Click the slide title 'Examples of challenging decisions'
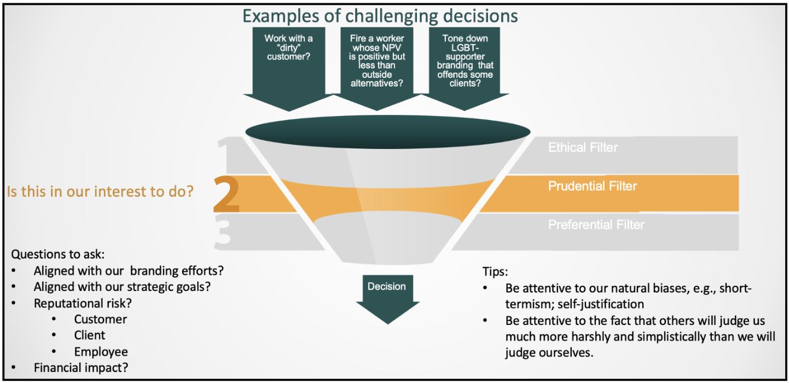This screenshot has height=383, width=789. tap(380, 15)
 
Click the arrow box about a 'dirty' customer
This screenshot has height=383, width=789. tap(288, 60)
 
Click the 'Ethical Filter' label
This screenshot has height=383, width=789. tap(583, 147)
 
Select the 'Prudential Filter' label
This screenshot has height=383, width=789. tap(592, 186)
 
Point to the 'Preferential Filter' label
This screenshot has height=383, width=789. tap(596, 225)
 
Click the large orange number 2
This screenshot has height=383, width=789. tap(226, 195)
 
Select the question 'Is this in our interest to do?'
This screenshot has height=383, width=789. tap(100, 192)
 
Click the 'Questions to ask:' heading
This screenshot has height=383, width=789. tap(58, 254)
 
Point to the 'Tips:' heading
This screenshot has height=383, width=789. tap(496, 271)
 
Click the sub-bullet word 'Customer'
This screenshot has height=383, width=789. tap(100, 319)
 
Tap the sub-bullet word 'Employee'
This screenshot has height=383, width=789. tap(101, 352)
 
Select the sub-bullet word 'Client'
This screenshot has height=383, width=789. tap(90, 335)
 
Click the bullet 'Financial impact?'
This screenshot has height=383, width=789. tap(81, 368)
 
